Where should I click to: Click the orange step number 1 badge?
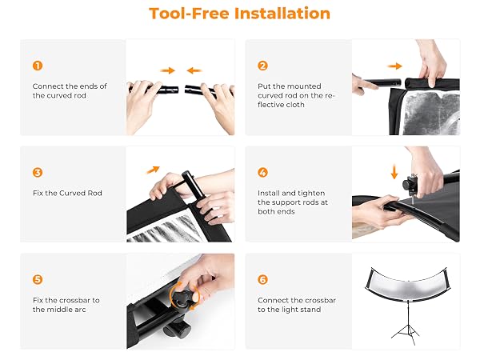pos(38,66)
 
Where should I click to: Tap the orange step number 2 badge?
pos(262,66)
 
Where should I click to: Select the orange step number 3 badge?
pos(38,172)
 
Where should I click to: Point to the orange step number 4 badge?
pos(262,172)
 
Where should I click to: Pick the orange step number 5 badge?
pos(38,279)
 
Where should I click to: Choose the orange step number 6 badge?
pos(262,279)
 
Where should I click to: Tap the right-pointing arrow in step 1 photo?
pos(167,70)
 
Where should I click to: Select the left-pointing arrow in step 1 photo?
pos(194,70)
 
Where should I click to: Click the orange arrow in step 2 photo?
pos(394,66)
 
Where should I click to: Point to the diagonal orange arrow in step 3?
pos(153,170)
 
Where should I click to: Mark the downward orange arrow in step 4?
pos(394,172)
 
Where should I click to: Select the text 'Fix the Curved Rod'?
pos(67,193)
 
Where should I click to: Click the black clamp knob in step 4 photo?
pos(408,185)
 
